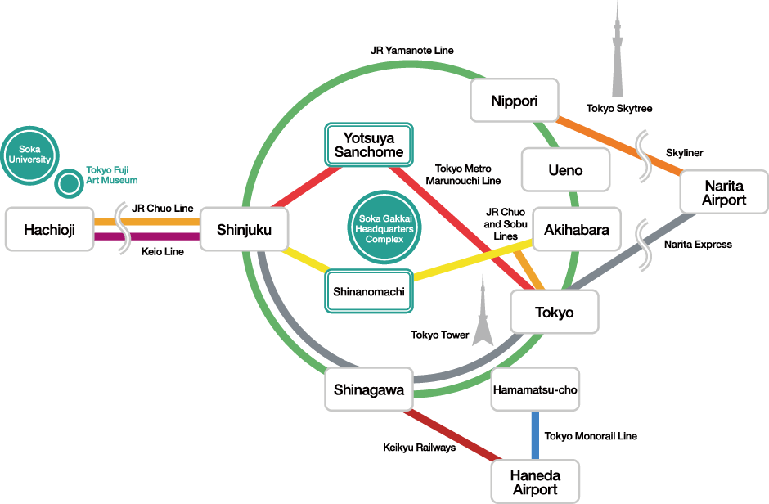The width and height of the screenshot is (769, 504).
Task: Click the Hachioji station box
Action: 49,230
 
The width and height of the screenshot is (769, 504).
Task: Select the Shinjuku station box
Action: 244,230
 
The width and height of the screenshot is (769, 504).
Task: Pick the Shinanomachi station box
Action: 369,290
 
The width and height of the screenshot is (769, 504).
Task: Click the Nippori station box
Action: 515,101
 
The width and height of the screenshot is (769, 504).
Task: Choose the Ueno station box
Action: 565,170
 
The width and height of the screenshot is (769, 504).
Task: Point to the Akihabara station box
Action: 577,230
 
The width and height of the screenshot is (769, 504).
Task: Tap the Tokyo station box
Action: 555,313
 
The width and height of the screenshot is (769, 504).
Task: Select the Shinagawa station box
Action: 369,390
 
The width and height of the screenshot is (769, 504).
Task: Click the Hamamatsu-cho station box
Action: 535,389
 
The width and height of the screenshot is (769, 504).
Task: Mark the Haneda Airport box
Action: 535,482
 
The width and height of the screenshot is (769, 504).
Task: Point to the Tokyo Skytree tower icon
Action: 618,57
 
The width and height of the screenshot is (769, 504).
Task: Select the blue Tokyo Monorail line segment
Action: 535,436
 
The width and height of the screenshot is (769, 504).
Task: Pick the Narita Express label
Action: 698,244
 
